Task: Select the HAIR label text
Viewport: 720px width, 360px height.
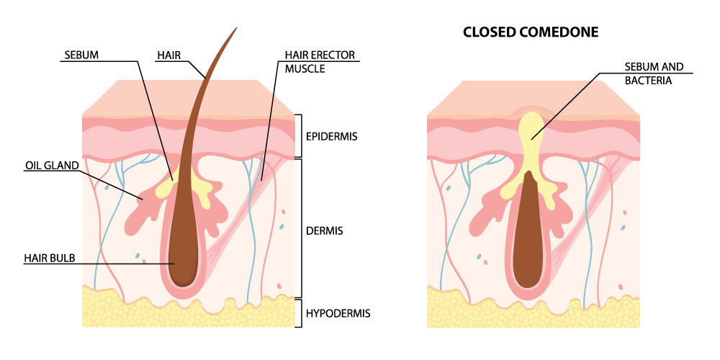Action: tap(170, 54)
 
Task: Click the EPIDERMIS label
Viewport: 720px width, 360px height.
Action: tap(332, 136)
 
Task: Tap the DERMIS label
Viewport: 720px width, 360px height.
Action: tap(323, 231)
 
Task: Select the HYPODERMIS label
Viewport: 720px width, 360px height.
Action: tap(337, 313)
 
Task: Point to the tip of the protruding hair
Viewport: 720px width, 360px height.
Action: tap(235, 30)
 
